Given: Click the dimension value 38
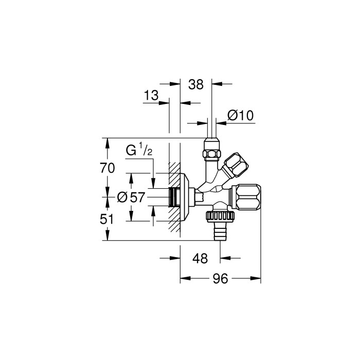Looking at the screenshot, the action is pos(196,84).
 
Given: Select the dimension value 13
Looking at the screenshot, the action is pos(151,95).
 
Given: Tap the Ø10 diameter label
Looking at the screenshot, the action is pos(240,116).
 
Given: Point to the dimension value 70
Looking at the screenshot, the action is pos(107,168).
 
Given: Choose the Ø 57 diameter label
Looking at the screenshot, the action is pos(131,197).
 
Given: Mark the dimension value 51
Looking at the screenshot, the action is pos(106,219).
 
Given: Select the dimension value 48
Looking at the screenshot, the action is pos(200,259).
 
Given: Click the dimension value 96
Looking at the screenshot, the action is pos(220,279).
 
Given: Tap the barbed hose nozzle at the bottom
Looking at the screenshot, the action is pos(221,231).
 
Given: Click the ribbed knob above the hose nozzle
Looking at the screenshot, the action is pos(220,217).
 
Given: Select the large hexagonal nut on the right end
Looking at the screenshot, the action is pos(246,197).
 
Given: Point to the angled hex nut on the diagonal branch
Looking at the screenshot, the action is pos(236,166).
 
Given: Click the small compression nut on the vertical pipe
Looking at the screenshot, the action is pos(211,153).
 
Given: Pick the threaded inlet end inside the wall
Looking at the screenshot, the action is pos(174,197).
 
